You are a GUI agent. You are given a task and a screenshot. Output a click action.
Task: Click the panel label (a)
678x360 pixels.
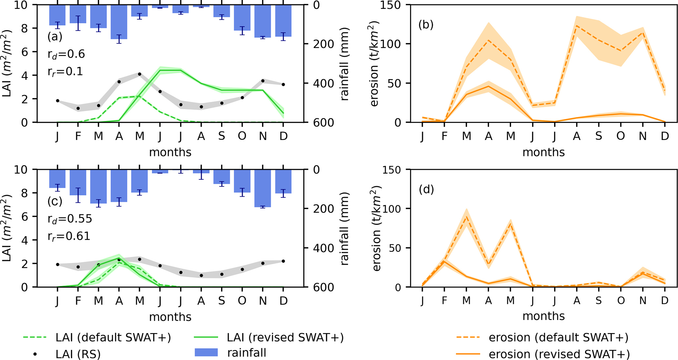click(x=55, y=36)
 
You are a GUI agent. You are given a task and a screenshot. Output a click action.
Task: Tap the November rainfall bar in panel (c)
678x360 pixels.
click(x=262, y=188)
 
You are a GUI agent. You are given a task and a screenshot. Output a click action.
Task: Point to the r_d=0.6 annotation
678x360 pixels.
click(x=66, y=54)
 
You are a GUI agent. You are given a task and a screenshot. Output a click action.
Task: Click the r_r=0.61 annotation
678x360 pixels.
click(x=69, y=236)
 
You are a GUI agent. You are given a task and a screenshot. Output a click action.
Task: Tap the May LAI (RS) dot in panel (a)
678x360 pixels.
click(x=139, y=74)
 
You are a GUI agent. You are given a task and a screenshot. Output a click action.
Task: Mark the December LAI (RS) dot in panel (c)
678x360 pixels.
click(x=283, y=261)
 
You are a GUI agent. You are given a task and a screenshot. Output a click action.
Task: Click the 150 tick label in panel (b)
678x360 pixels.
click(x=393, y=5)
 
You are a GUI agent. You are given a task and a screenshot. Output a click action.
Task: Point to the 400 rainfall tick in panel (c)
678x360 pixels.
click(x=323, y=248)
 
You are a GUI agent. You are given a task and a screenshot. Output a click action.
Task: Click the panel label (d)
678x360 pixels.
click(x=426, y=189)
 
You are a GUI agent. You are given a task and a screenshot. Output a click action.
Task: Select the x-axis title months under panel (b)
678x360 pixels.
click(x=544, y=152)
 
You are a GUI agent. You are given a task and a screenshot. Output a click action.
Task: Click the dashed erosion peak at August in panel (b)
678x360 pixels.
click(x=576, y=26)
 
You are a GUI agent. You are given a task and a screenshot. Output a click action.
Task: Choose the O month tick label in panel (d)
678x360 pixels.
click(x=621, y=300)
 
